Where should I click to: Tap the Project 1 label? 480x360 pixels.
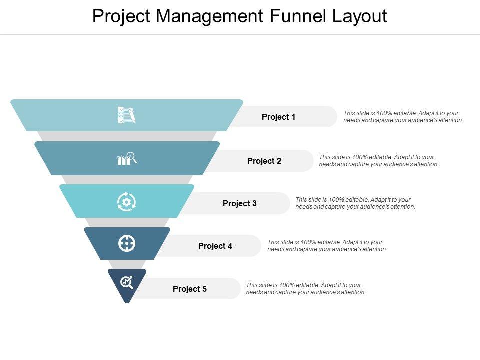pyautogui.click(x=279, y=117)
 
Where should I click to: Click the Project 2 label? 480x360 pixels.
pyautogui.click(x=264, y=161)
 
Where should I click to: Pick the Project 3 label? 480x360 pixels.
pyautogui.click(x=240, y=203)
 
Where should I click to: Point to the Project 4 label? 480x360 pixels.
pyautogui.click(x=215, y=246)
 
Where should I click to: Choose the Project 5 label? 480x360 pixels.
pyautogui.click(x=190, y=289)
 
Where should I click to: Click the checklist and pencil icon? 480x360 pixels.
pyautogui.click(x=126, y=115)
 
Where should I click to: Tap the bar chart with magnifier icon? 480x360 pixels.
pyautogui.click(x=126, y=158)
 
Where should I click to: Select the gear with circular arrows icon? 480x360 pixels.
pyautogui.click(x=126, y=201)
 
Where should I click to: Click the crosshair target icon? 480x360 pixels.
pyautogui.click(x=127, y=243)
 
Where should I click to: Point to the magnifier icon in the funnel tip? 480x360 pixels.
pyautogui.click(x=127, y=283)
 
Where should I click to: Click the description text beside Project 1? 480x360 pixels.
pyautogui.click(x=403, y=117)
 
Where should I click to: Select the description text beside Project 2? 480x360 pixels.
pyautogui.click(x=379, y=161)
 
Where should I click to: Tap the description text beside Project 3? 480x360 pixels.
pyautogui.click(x=355, y=203)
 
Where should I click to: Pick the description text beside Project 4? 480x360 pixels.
pyautogui.click(x=327, y=246)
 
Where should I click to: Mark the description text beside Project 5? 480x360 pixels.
pyautogui.click(x=306, y=289)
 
